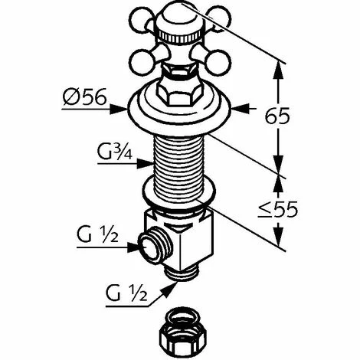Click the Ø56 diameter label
[x=84, y=97]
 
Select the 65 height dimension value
[x=277, y=116]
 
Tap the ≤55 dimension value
[x=278, y=210]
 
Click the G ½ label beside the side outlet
[x=97, y=234]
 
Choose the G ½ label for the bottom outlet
[x=126, y=293]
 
